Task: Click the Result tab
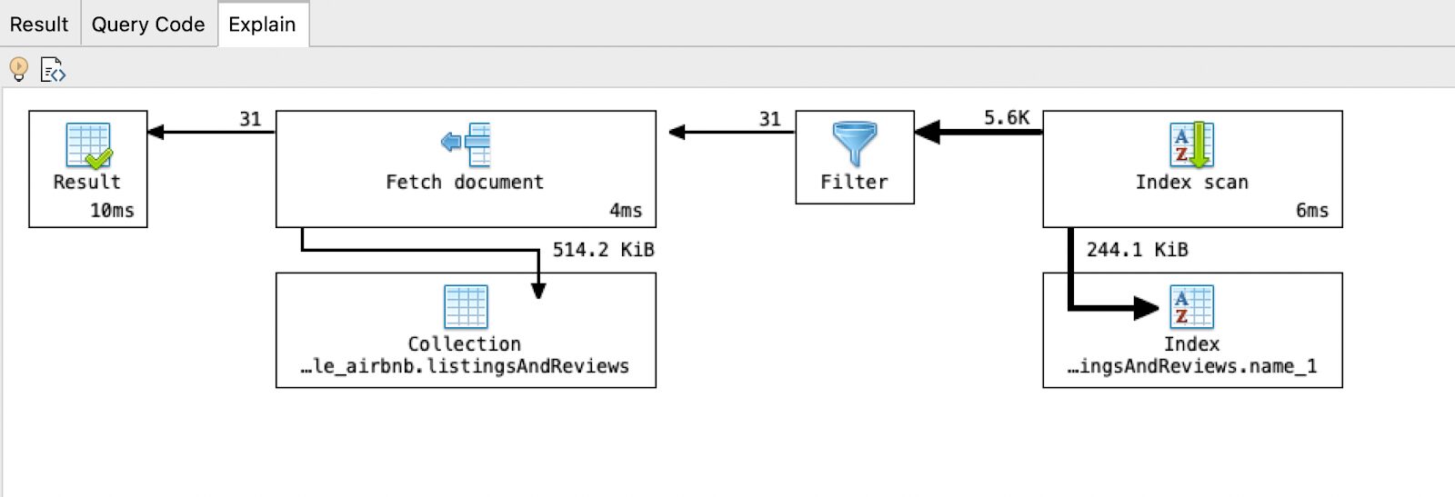point(39,25)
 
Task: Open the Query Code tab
point(148,25)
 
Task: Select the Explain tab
point(262,25)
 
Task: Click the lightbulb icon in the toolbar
point(18,69)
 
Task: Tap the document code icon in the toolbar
point(53,70)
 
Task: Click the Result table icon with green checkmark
point(88,145)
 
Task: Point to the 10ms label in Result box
point(112,211)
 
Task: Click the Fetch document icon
point(466,144)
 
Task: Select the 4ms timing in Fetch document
point(626,211)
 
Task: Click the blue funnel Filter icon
point(855,144)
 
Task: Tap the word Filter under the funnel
point(854,183)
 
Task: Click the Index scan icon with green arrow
point(1191,144)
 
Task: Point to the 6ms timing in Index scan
point(1312,211)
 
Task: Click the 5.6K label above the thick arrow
point(1006,118)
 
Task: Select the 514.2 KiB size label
point(603,250)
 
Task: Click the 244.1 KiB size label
point(1137,250)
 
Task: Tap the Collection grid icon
point(466,307)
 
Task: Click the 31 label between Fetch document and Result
point(250,119)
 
